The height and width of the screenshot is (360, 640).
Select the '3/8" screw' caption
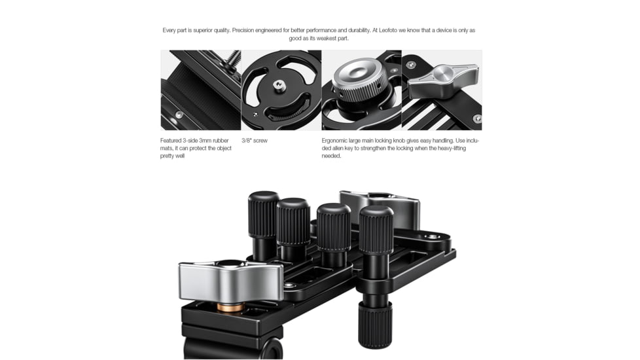[x=255, y=141]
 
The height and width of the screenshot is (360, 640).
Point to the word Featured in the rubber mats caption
[x=171, y=141]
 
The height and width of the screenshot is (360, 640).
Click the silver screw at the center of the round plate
[x=280, y=85]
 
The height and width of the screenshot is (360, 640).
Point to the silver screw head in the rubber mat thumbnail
[x=179, y=115]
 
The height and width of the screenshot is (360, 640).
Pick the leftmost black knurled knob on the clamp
[x=263, y=214]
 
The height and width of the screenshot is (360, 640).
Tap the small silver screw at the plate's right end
[x=433, y=237]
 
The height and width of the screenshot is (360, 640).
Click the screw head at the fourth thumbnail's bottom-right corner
[x=477, y=119]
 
